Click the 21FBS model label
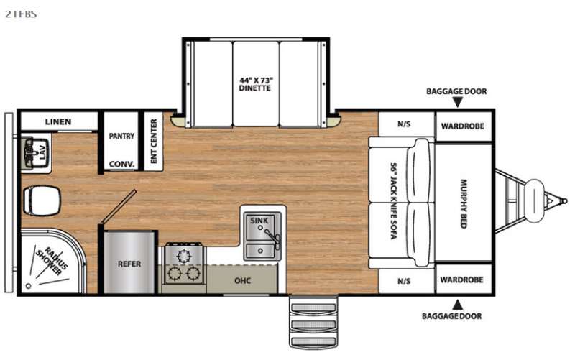pyautogui.click(x=21, y=14)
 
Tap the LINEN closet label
pyautogui.click(x=58, y=121)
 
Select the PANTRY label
pyautogui.click(x=121, y=136)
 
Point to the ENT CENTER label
pyautogui.click(x=154, y=141)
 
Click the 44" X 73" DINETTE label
pyautogui.click(x=255, y=84)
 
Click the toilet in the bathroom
pyautogui.click(x=41, y=200)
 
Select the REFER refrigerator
pyautogui.click(x=129, y=262)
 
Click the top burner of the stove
pyautogui.click(x=184, y=256)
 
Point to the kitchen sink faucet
pyautogui.click(x=272, y=237)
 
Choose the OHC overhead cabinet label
pyautogui.click(x=243, y=281)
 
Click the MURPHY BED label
pyautogui.click(x=464, y=204)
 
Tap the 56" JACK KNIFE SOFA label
pyautogui.click(x=393, y=201)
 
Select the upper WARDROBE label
pyautogui.click(x=462, y=126)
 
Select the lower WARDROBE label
pyautogui.click(x=461, y=280)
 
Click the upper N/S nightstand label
pyautogui.click(x=404, y=124)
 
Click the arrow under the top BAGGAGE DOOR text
pyautogui.click(x=457, y=102)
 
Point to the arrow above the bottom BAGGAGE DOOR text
pyautogui.click(x=457, y=305)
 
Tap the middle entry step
pyautogui.click(x=313, y=325)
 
